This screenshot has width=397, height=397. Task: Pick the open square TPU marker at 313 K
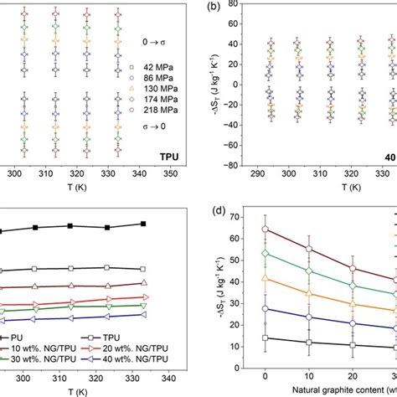click(71, 269)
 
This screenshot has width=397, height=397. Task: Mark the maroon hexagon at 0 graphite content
click(265, 229)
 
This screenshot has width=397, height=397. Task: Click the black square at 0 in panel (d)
click(265, 338)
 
